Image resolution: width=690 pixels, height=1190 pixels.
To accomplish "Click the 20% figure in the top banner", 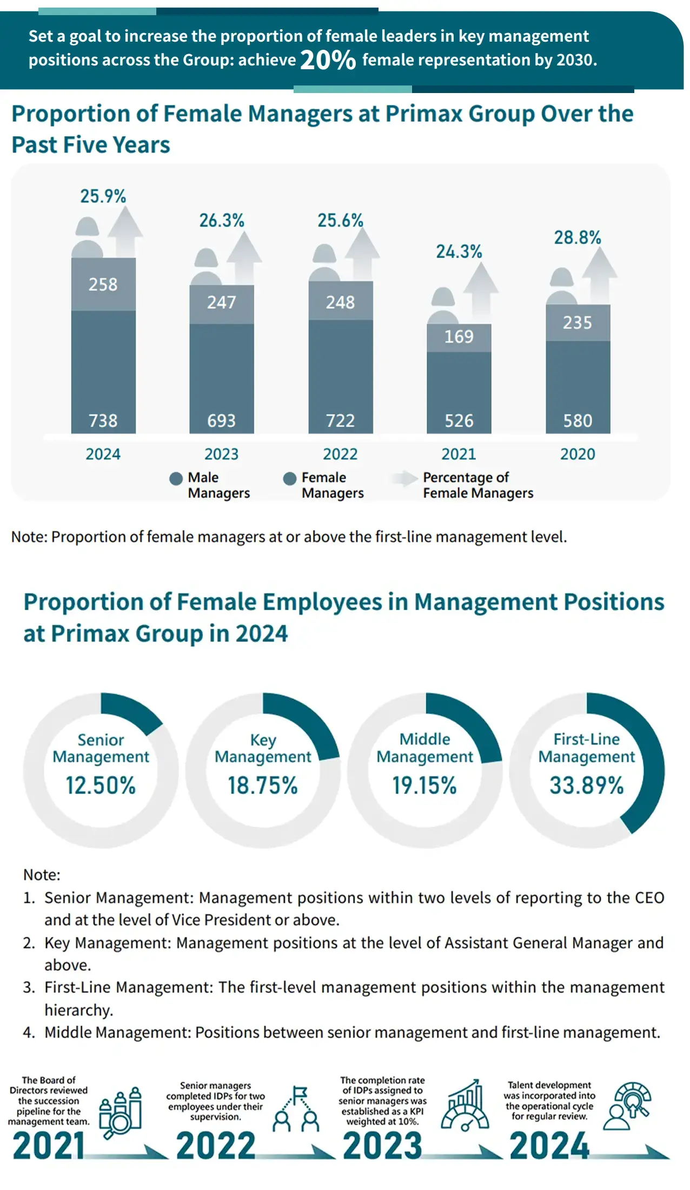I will [x=328, y=60].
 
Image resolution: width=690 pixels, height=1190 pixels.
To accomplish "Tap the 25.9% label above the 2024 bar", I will [x=103, y=196].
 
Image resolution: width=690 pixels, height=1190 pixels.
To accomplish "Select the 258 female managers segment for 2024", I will [x=103, y=285].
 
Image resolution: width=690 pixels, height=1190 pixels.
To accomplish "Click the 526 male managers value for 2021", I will [x=459, y=421].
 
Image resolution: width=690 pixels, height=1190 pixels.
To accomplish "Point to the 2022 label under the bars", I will [x=340, y=454].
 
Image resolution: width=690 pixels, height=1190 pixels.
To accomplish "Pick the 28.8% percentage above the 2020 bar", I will [x=577, y=237].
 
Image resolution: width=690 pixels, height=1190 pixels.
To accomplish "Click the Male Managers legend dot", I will [x=176, y=479].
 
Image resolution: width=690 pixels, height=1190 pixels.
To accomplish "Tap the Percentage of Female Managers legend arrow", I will [x=404, y=478].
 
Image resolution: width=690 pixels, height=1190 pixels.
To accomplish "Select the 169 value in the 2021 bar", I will [x=459, y=337].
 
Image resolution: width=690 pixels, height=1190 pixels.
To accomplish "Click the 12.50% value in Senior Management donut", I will [x=101, y=785].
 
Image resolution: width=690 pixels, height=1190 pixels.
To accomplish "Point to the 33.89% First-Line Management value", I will [x=587, y=785].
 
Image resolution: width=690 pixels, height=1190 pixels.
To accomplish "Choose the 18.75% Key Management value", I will [x=263, y=785].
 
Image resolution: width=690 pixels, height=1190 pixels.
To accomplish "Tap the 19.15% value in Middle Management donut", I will [x=424, y=785].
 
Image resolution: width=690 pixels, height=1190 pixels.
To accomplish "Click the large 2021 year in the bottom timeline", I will [x=49, y=1146].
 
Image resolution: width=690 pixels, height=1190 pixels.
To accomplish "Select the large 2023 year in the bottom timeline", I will [x=382, y=1146].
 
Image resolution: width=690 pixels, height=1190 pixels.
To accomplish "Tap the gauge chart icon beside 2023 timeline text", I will [x=463, y=1106].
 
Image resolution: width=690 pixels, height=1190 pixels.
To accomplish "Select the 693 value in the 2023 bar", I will [x=221, y=421].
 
